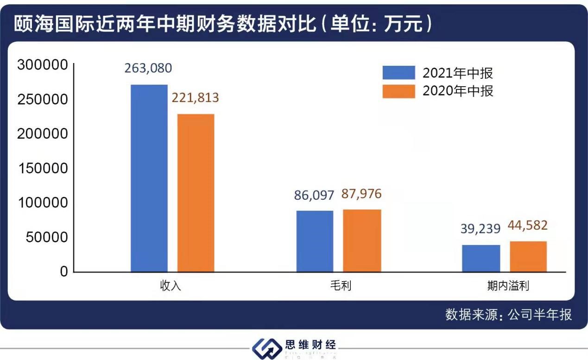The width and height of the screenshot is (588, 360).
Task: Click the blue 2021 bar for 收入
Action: (149, 178)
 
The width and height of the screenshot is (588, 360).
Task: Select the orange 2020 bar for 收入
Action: (196, 193)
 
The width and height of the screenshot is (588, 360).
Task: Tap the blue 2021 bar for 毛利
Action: (315, 241)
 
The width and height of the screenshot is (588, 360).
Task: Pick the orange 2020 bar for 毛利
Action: (362, 240)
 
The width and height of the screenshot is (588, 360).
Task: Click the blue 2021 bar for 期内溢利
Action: (481, 258)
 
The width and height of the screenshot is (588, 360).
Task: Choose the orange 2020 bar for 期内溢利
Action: (528, 256)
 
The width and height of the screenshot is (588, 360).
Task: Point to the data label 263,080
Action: (148, 68)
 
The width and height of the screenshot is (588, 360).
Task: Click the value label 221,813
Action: (195, 98)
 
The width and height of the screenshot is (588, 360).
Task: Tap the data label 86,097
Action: (314, 195)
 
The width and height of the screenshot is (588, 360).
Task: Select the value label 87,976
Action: (361, 194)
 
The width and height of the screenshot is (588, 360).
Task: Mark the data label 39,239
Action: (481, 229)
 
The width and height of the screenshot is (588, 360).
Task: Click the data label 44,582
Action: (528, 226)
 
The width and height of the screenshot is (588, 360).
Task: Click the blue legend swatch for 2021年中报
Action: (398, 73)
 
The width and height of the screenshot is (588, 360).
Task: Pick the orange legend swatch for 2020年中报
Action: (398, 91)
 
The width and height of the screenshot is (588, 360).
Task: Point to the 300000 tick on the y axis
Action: (42, 65)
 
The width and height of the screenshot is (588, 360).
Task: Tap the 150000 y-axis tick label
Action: (42, 168)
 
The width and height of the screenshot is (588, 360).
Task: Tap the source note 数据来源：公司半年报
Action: (508, 315)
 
